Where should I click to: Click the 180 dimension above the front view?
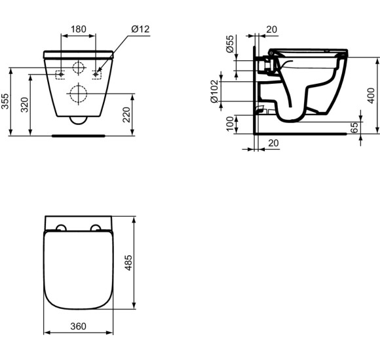[79, 29]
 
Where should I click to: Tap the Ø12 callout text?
[140, 29]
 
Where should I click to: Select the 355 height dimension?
[5, 101]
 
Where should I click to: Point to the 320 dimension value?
[25, 105]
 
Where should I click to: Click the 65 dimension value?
[354, 128]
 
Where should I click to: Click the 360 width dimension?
[78, 325]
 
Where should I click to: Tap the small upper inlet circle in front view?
[79, 67]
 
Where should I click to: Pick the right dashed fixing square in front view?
[98, 74]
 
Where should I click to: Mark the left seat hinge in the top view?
[60, 228]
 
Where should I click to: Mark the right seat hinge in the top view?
[97, 228]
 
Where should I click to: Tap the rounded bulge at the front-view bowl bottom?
[79, 120]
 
